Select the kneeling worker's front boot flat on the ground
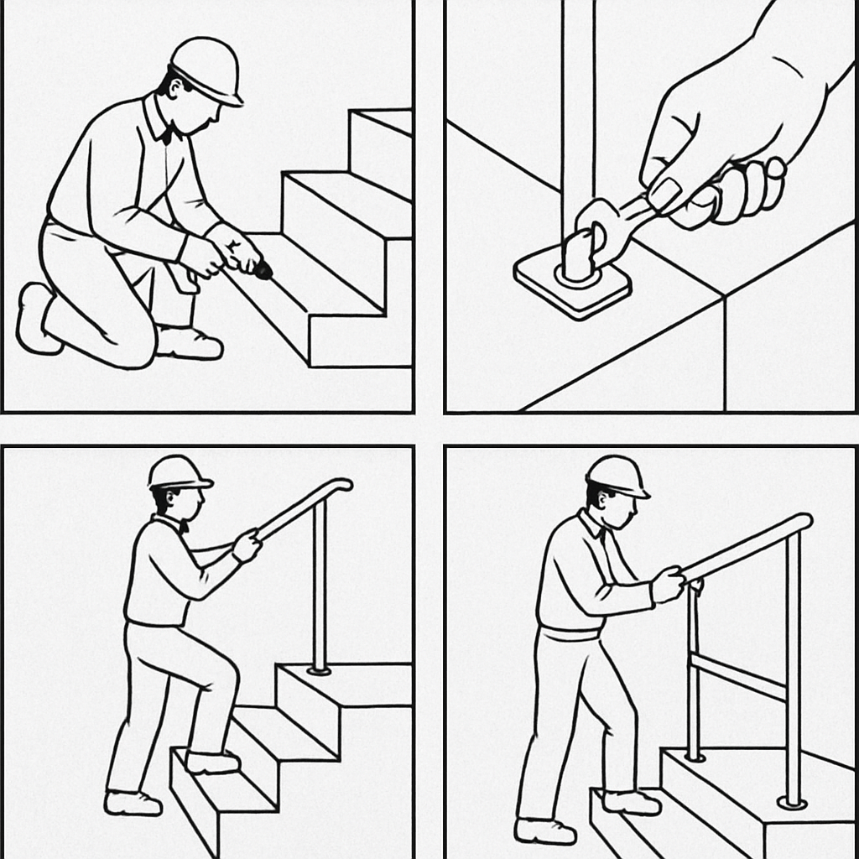point(189,343)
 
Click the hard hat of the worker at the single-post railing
point(178,472)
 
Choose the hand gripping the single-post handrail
point(247,545)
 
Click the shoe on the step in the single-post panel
point(211,762)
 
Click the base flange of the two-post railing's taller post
point(792,803)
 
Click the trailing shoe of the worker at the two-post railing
point(544,830)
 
